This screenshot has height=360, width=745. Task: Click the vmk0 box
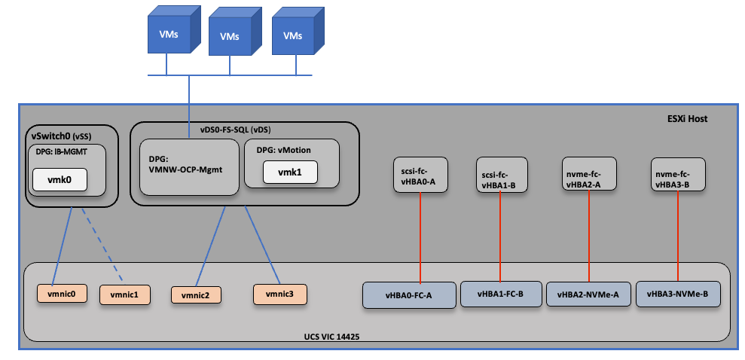(59, 180)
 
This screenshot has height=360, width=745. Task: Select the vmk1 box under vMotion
(289, 172)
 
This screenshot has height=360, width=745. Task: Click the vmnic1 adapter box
(125, 294)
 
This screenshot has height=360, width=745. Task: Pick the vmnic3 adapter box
(280, 292)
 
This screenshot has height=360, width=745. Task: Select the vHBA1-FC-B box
(501, 294)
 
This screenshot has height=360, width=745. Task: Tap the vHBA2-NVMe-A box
(588, 294)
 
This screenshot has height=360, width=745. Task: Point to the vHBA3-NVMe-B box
(678, 294)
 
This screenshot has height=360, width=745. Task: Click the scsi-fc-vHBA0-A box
(420, 175)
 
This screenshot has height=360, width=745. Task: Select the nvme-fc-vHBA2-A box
(590, 175)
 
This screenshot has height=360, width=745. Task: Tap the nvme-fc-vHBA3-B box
(679, 175)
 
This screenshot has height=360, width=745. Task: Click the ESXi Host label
(686, 119)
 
